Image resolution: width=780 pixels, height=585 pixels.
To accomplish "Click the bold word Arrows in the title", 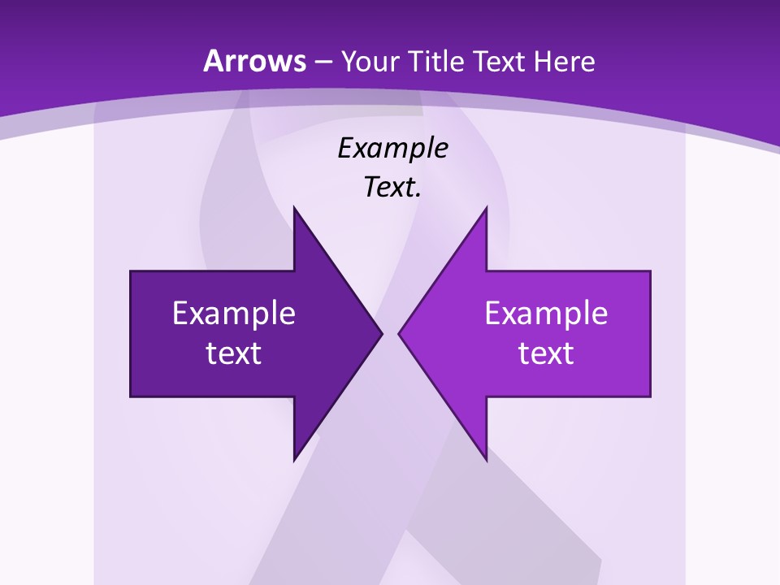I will pyautogui.click(x=254, y=61).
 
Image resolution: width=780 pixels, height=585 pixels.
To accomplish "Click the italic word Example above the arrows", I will pyautogui.click(x=393, y=149).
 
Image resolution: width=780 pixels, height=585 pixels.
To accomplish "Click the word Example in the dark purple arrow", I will pyautogui.click(x=234, y=314).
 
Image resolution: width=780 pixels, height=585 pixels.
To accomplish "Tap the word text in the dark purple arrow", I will pyautogui.click(x=234, y=353).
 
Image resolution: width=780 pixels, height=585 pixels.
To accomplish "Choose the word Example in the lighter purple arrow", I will pyautogui.click(x=546, y=314).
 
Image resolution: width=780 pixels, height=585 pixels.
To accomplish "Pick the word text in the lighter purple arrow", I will pyautogui.click(x=546, y=353).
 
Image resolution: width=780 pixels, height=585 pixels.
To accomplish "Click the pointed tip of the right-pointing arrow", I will pyautogui.click(x=382, y=333).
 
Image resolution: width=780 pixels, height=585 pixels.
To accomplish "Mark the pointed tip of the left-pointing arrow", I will pyautogui.click(x=399, y=333).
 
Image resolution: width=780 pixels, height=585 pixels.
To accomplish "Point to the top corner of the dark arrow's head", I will pyautogui.click(x=294, y=208).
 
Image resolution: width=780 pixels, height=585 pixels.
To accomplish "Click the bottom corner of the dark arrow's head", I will pyautogui.click(x=294, y=460).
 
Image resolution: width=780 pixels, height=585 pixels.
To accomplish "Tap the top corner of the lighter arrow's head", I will pyautogui.click(x=486, y=208).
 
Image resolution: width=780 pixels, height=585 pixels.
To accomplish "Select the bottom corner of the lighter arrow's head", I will pyautogui.click(x=486, y=460).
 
